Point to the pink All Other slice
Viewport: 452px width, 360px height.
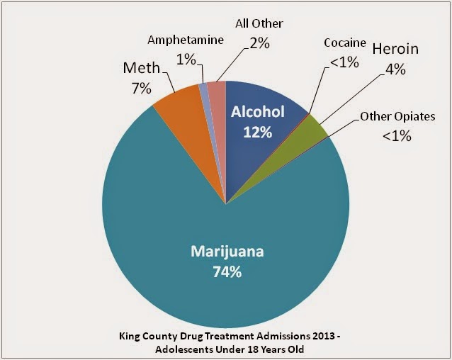[217, 92]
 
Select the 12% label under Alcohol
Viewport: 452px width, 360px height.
[258, 131]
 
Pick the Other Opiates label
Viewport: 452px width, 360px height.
[398, 116]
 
